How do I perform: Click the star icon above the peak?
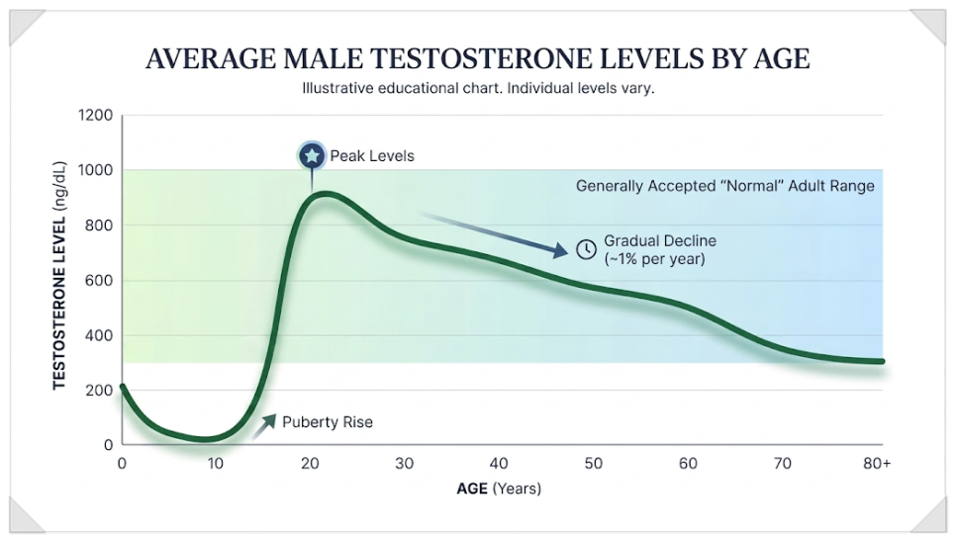312,156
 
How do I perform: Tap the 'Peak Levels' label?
372,156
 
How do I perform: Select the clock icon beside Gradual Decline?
586,249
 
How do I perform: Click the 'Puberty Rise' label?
328,422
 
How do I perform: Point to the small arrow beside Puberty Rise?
263,426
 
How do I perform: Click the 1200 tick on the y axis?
96,115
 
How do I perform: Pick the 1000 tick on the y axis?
96,170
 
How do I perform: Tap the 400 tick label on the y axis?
99,335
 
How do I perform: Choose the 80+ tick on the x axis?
877,464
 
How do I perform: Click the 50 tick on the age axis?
593,464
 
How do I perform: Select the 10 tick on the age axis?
215,464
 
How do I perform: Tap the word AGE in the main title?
782,59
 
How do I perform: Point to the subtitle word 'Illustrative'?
337,88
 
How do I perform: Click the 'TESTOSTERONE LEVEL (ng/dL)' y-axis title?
59,275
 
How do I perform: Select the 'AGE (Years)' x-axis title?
499,489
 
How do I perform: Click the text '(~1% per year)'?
654,259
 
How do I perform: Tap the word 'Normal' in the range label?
753,186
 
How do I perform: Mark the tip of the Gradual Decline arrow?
568,251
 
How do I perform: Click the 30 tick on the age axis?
404,464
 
